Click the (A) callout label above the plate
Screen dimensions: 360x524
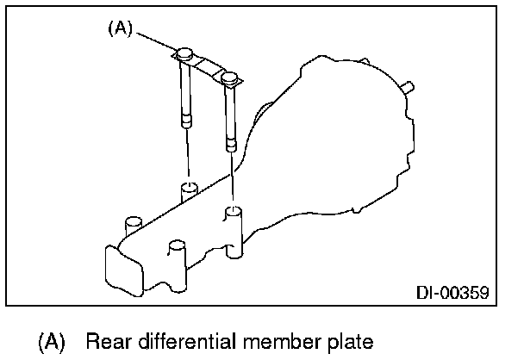coord(120,28)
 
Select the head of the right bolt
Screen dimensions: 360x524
coord(228,78)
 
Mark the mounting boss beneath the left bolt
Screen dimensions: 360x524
coord(188,188)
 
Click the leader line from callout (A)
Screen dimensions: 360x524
coord(155,41)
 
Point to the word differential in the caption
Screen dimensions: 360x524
coord(178,342)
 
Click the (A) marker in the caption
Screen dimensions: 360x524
coord(51,342)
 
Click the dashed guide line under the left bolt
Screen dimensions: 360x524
coord(187,155)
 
